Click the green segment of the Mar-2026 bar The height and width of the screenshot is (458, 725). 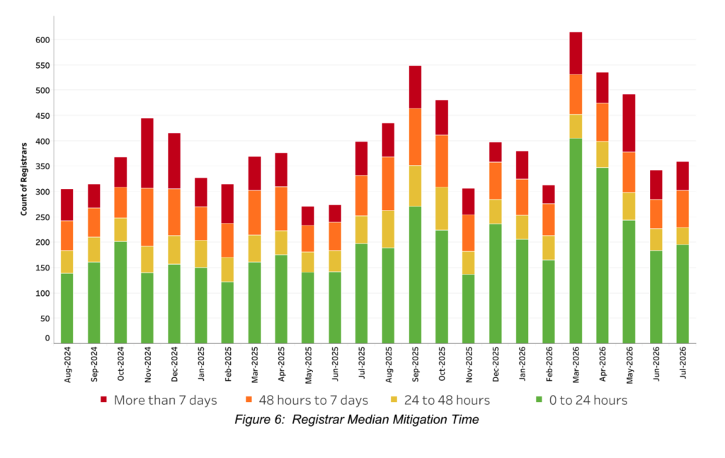[576, 241]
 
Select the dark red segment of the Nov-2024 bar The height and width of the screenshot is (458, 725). [147, 153]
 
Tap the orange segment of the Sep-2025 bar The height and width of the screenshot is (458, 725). [415, 137]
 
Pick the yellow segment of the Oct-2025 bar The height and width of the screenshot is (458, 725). [442, 208]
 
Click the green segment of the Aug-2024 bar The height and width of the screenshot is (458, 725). [67, 308]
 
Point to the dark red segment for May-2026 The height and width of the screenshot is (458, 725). [629, 123]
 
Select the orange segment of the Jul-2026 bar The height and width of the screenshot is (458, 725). [683, 209]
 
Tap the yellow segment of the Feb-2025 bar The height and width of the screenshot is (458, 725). [227, 270]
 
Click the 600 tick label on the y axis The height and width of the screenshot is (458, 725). [42, 40]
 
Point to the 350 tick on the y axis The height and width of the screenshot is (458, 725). [42, 166]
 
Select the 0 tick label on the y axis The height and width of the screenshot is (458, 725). [47, 338]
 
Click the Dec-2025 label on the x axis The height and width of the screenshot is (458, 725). [496, 364]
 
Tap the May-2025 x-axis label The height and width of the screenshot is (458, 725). [309, 365]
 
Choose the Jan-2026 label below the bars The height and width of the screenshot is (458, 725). [522, 364]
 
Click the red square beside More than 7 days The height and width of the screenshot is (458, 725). [103, 399]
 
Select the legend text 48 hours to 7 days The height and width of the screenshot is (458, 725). [314, 400]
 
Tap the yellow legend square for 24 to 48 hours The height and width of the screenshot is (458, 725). [394, 399]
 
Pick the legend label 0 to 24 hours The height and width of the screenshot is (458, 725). [588, 400]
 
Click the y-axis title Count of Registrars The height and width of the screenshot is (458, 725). [24, 179]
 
